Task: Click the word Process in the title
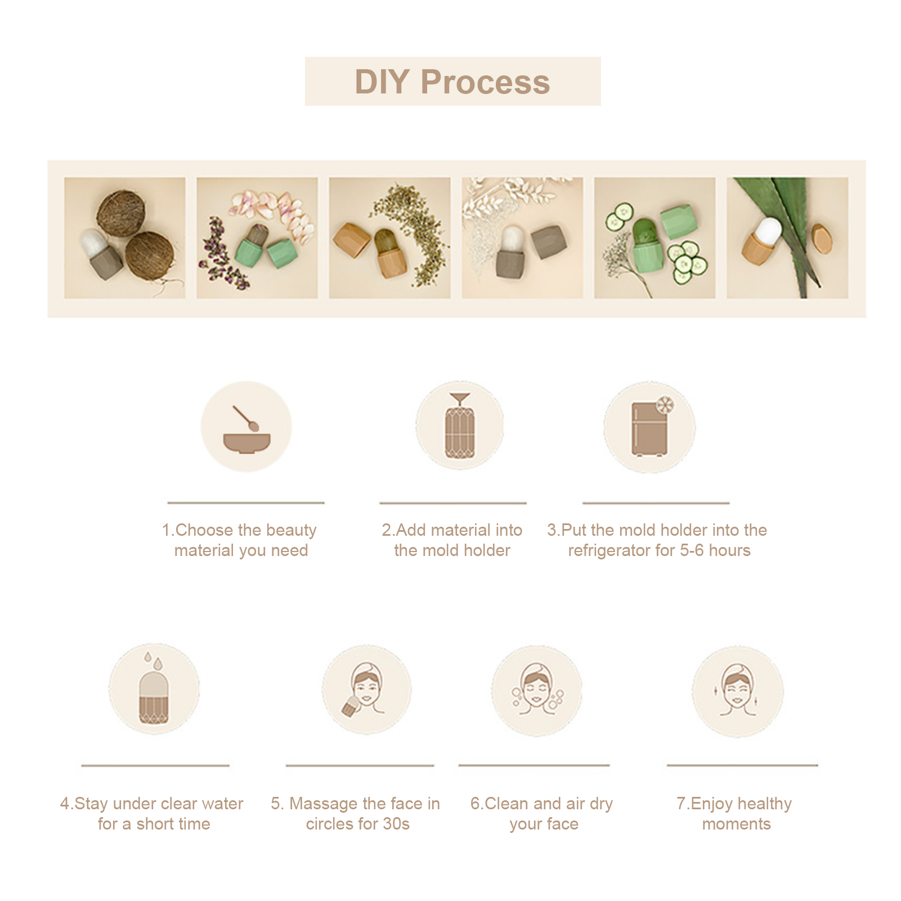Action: pyautogui.click(x=485, y=82)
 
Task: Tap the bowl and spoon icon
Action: pyautogui.click(x=246, y=426)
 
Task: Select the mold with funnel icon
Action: pyautogui.click(x=460, y=426)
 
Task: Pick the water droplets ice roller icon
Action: pyautogui.click(x=154, y=688)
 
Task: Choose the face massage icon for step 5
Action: pyautogui.click(x=366, y=689)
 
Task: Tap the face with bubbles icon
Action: pyautogui.click(x=536, y=691)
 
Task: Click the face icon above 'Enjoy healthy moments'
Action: pyautogui.click(x=737, y=692)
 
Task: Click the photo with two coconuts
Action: pyautogui.click(x=124, y=238)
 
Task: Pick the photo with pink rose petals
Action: pyautogui.click(x=257, y=238)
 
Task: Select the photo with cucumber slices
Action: pyautogui.click(x=655, y=238)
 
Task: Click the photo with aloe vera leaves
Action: pyautogui.click(x=787, y=238)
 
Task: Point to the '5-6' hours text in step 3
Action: pyautogui.click(x=692, y=550)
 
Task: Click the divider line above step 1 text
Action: pyautogui.click(x=246, y=503)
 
